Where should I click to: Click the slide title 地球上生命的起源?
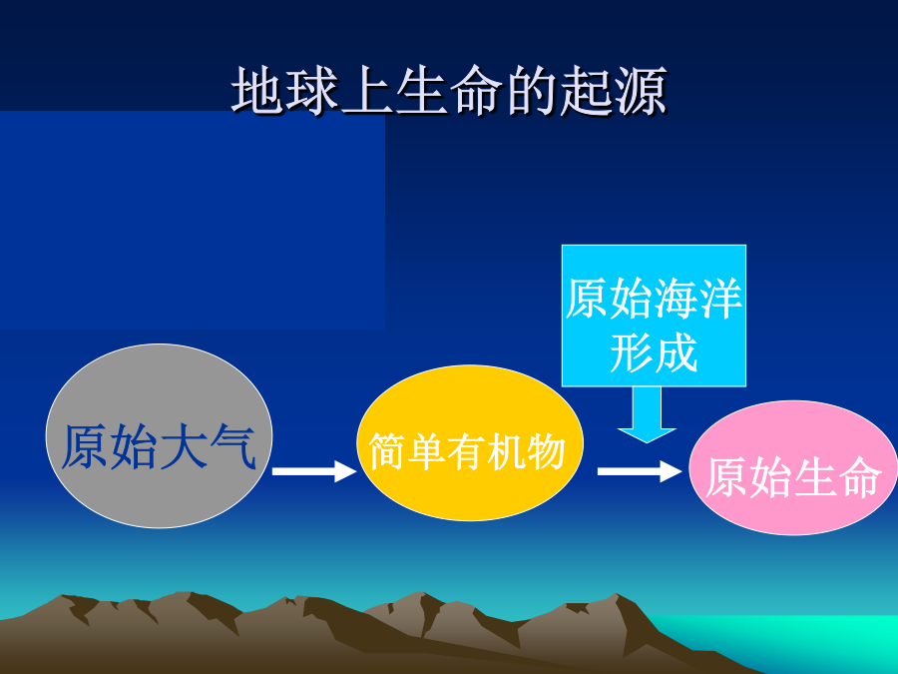[449, 91]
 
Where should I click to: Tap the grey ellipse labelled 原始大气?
[160, 435]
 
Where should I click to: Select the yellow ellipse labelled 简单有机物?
[470, 443]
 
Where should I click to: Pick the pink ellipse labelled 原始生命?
[793, 467]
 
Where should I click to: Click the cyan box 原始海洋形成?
[654, 316]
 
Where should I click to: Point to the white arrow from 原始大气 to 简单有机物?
[314, 471]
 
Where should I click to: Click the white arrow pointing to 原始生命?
[640, 471]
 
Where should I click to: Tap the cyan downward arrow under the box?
[648, 414]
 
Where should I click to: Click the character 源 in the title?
[642, 91]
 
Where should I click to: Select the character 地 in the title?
[257, 91]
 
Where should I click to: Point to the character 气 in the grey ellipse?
[232, 446]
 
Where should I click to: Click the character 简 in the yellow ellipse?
[387, 451]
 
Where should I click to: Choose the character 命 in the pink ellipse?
[861, 477]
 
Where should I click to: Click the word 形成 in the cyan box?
[654, 351]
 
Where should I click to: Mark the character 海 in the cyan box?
[675, 298]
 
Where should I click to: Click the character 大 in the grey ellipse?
[184, 446]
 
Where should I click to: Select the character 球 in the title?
[312, 91]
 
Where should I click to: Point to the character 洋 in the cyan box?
[720, 298]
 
